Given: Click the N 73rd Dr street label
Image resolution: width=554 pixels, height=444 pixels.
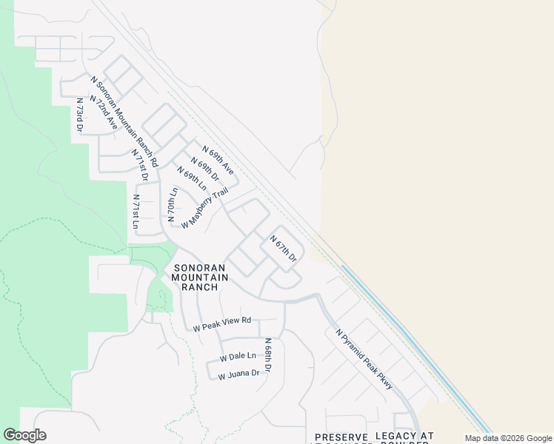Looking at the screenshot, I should (79, 115).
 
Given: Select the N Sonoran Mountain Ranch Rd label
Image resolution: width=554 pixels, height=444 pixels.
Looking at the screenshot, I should (124, 120).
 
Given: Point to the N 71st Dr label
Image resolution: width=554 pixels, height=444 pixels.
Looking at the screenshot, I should (140, 165).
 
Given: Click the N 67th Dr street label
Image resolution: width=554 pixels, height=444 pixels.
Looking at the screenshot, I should (283, 249).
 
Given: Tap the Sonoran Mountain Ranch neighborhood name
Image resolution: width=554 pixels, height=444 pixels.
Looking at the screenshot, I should (196, 277).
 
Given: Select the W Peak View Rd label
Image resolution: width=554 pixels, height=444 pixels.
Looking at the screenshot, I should (222, 324).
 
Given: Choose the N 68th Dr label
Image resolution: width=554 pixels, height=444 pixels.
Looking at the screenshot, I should (268, 356).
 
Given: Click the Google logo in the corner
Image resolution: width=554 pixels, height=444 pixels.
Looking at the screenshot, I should (25, 435).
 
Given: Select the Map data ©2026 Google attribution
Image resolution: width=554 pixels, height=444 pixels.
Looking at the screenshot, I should (509, 438).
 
